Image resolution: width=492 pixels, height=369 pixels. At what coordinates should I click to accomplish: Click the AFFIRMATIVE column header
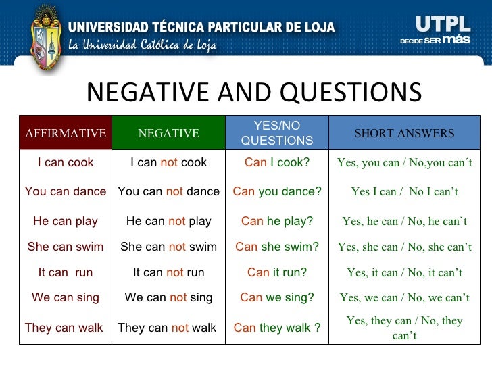tap(66, 133)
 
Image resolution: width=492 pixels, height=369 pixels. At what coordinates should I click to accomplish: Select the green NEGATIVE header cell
tap(168, 133)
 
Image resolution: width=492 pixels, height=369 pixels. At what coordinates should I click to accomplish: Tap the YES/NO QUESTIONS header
tap(277, 133)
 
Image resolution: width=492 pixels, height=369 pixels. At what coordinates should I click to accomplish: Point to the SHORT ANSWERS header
tap(404, 133)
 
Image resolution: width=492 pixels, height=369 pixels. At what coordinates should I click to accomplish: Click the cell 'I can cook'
tap(66, 163)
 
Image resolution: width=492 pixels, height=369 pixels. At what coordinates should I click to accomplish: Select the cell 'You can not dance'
tap(168, 191)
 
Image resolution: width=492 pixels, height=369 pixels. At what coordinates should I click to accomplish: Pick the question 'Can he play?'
tap(277, 221)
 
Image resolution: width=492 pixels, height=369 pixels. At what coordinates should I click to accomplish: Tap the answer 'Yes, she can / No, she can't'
tap(404, 247)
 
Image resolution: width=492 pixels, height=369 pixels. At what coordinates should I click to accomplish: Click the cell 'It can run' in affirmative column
tap(66, 273)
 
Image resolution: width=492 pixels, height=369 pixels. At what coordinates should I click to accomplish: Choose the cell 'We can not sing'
tap(168, 297)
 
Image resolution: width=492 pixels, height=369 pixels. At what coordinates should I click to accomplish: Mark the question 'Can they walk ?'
tap(277, 328)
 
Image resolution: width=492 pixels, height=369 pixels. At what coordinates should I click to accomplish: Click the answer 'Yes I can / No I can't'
tap(404, 192)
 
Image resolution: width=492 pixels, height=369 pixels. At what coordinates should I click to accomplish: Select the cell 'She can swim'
tap(66, 247)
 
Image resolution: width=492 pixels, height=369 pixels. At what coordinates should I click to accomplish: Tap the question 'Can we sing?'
tap(277, 297)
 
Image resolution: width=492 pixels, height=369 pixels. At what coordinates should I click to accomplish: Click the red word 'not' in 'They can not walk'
tap(180, 328)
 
